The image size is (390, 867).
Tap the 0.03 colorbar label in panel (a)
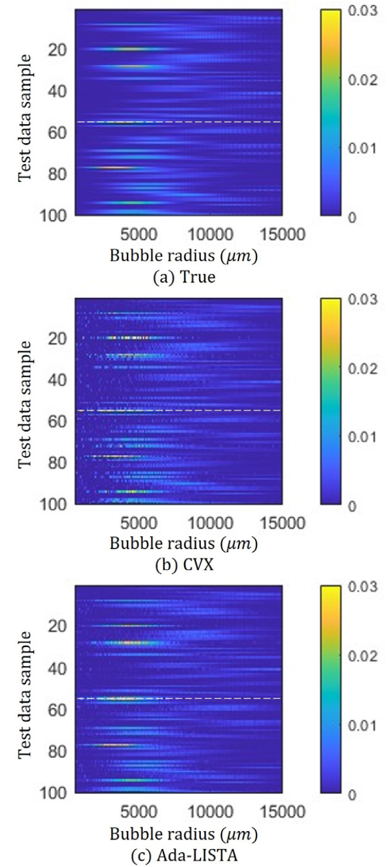click(360, 13)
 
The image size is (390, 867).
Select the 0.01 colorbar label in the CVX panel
click(360, 437)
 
